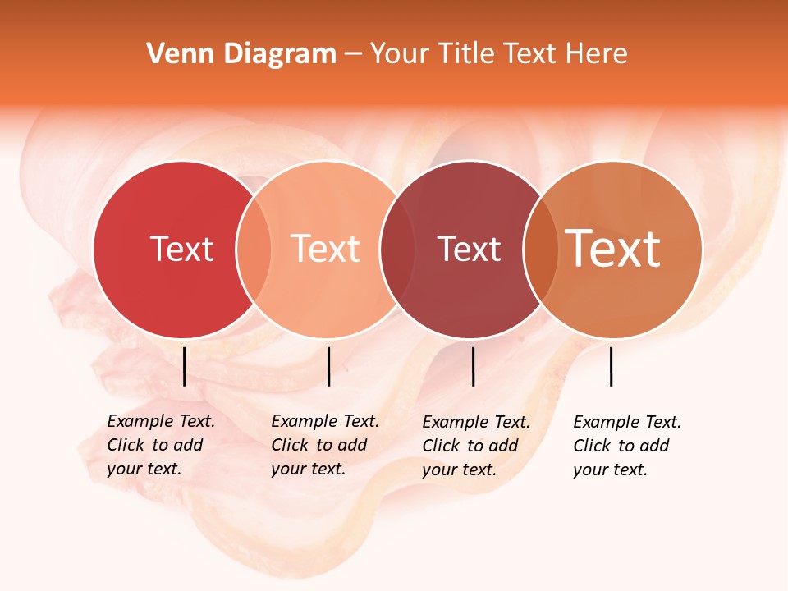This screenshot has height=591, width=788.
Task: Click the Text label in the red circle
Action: coord(181,249)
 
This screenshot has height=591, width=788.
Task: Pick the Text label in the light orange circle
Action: coord(326,249)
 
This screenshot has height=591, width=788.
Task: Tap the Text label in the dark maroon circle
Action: coord(469,249)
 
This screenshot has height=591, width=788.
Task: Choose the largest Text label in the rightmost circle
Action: coord(613,249)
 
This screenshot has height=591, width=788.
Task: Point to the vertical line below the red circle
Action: coord(185,366)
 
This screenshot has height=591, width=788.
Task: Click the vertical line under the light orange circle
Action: coord(329,366)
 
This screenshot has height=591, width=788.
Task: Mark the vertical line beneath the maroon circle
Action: coord(474,366)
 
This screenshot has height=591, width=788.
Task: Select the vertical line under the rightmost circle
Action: coord(612,366)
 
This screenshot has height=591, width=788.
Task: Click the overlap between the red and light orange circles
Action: coord(254,249)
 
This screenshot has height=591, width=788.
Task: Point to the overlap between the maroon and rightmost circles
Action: coord(539,249)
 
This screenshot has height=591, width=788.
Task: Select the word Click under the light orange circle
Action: coord(290,445)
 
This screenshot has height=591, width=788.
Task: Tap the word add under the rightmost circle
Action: coord(654,446)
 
